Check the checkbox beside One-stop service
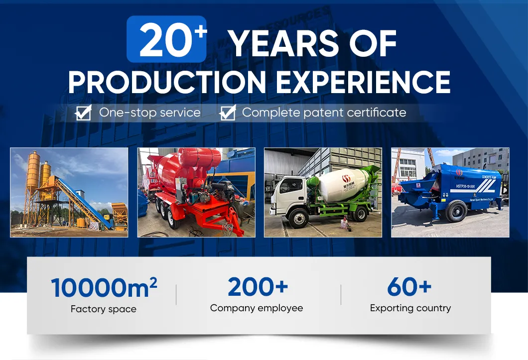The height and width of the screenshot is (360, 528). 83,113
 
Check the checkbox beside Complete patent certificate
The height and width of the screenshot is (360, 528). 227,113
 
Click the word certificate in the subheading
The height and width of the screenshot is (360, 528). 377,113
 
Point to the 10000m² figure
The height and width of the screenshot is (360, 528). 104,288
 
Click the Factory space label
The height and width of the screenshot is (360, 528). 104,309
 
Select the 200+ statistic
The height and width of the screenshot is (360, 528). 258,287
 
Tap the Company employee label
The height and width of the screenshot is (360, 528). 257,308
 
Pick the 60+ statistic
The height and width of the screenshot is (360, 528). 409,287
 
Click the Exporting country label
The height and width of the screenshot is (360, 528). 410,308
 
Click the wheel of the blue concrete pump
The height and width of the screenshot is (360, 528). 456,212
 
